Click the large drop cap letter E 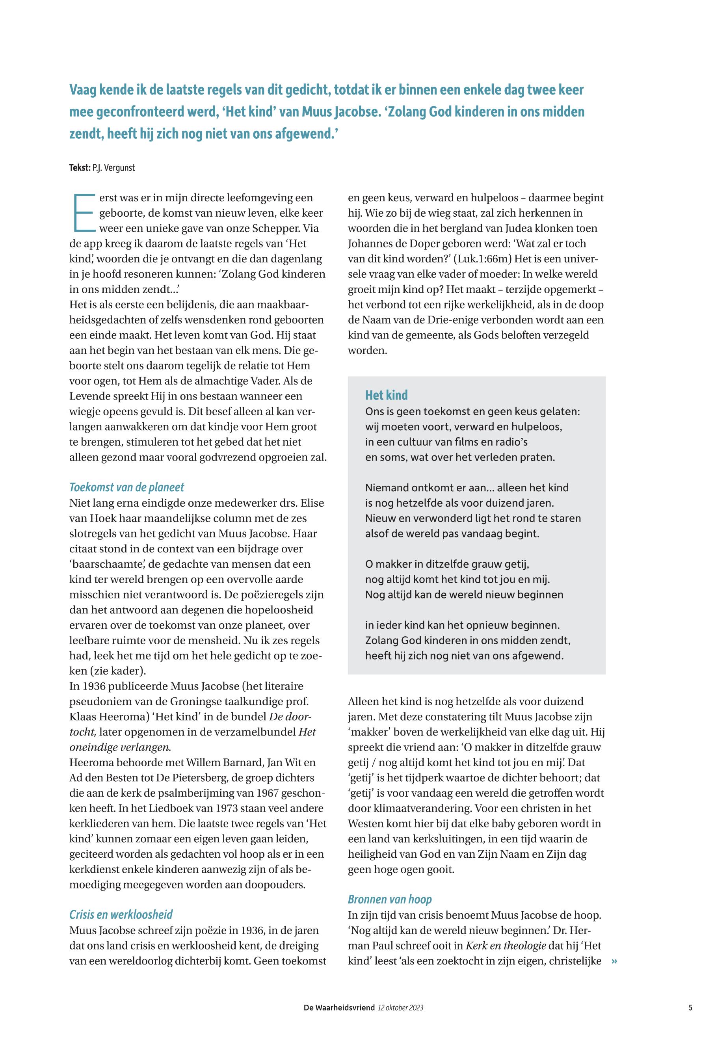tap(82, 212)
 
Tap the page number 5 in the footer tap(691, 1007)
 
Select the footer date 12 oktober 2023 tap(400, 1007)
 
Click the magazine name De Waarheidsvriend tap(339, 1007)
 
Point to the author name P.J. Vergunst tap(113, 167)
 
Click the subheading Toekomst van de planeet tap(126, 487)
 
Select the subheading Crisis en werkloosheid tap(121, 914)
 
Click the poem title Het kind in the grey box tap(386, 395)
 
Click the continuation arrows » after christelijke tap(614, 961)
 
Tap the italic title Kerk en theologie tap(506, 946)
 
